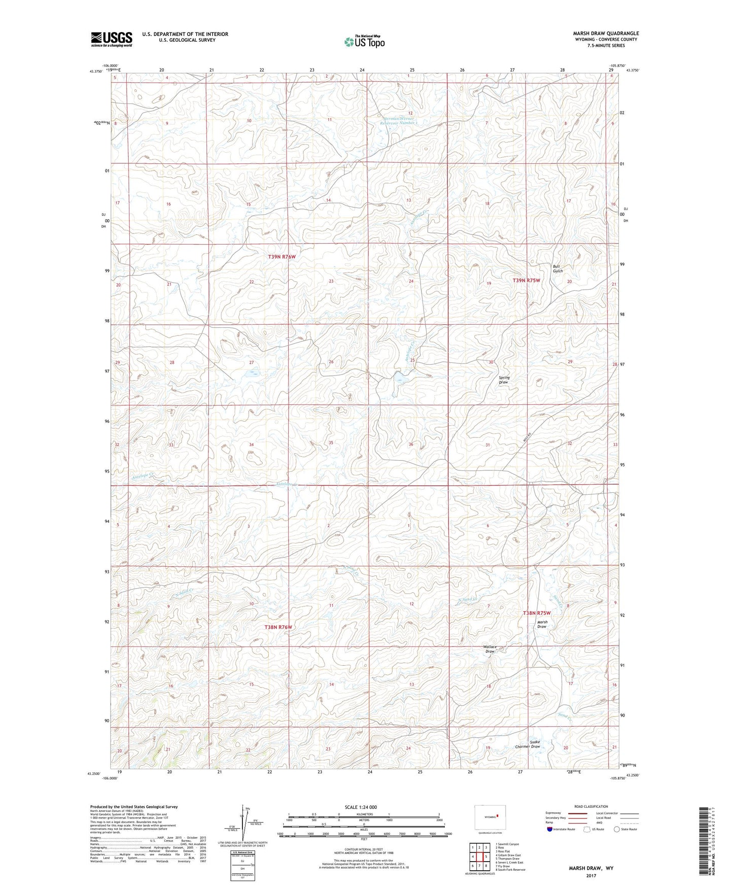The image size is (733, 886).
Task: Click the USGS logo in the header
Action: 112,39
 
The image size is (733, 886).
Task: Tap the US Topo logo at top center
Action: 364,42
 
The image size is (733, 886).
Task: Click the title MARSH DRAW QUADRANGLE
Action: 606,33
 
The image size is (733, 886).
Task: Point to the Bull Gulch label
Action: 557,268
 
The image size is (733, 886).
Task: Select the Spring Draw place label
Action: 504,380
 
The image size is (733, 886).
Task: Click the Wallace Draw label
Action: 490,649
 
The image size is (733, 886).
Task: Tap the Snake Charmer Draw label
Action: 528,744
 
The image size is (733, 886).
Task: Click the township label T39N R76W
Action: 282,257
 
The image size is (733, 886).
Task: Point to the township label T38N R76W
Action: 278,627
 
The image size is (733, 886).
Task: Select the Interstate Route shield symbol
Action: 550,829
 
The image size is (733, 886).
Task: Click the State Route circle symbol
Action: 617,829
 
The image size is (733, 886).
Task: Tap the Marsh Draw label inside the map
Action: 542,624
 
